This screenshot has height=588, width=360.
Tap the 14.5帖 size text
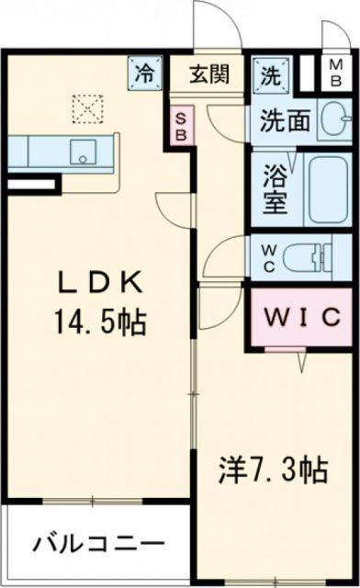(x=100, y=322)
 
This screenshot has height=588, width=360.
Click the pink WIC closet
(x=301, y=318)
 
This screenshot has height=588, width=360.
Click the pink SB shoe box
(x=181, y=124)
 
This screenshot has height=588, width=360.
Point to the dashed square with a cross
(x=86, y=108)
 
